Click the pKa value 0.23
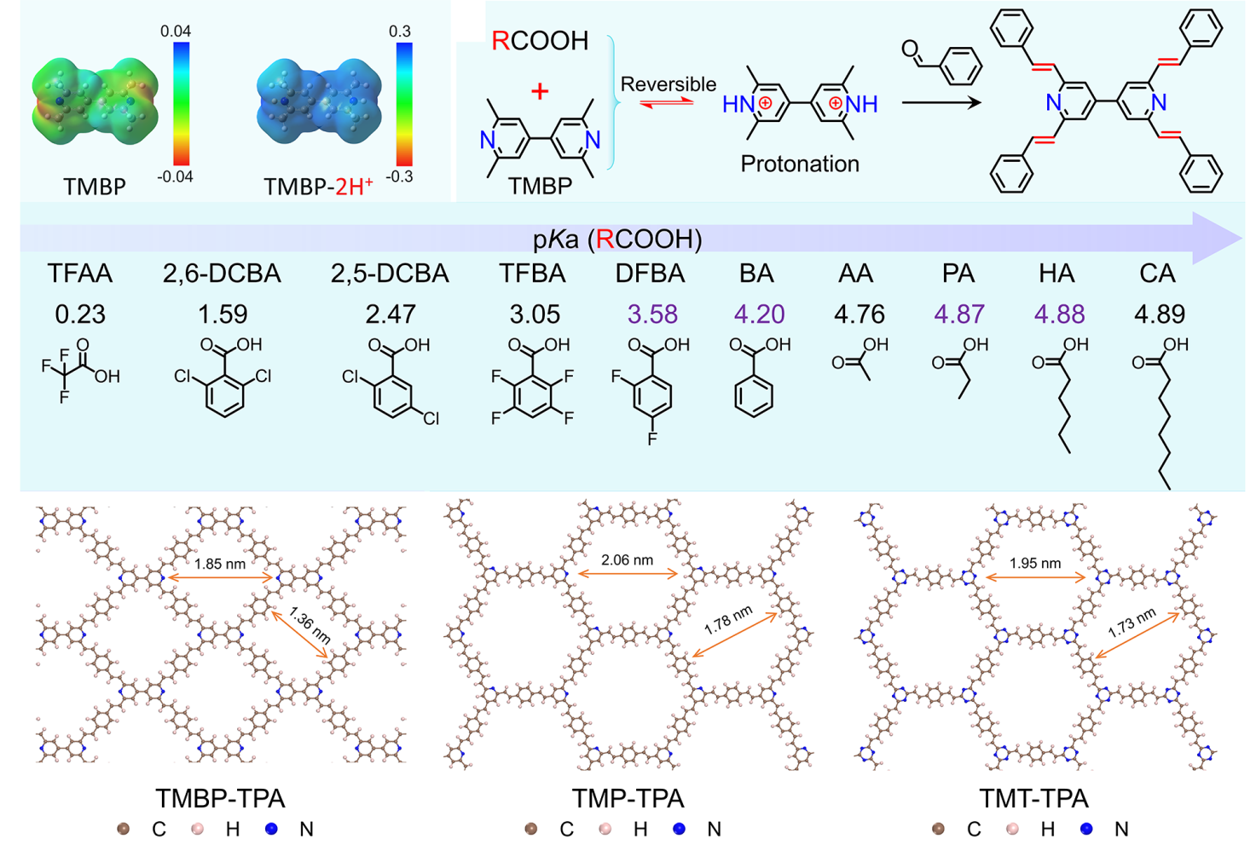pyautogui.click(x=80, y=314)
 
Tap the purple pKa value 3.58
pyautogui.click(x=652, y=314)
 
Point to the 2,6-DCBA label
pyautogui.click(x=222, y=273)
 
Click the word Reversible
pyautogui.click(x=668, y=84)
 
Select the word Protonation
pyautogui.click(x=799, y=164)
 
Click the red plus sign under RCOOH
pyautogui.click(x=539, y=91)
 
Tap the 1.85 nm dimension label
pyautogui.click(x=219, y=564)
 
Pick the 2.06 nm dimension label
pyautogui.click(x=627, y=560)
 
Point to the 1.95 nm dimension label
pyautogui.click(x=1034, y=563)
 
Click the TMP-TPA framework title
pyautogui.click(x=628, y=798)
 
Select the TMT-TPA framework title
pyautogui.click(x=1033, y=798)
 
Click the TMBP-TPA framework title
pyautogui.click(x=220, y=798)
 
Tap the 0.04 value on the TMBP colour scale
pyautogui.click(x=176, y=32)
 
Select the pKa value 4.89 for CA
pyautogui.click(x=1159, y=314)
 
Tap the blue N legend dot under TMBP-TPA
pyautogui.click(x=271, y=829)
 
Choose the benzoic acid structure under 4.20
pyautogui.click(x=755, y=379)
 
